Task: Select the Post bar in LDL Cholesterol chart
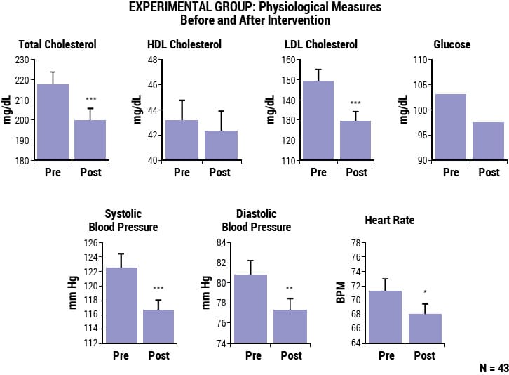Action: click(355, 140)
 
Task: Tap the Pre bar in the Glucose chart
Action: click(450, 127)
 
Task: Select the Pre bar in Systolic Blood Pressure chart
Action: click(121, 306)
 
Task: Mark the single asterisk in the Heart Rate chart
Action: click(425, 292)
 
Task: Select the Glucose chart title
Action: click(452, 44)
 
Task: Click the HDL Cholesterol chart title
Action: click(184, 44)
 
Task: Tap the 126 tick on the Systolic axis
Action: click(90, 244)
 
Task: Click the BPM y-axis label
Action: click(341, 293)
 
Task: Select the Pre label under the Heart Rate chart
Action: click(386, 355)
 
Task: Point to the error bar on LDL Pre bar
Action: click(318, 74)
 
